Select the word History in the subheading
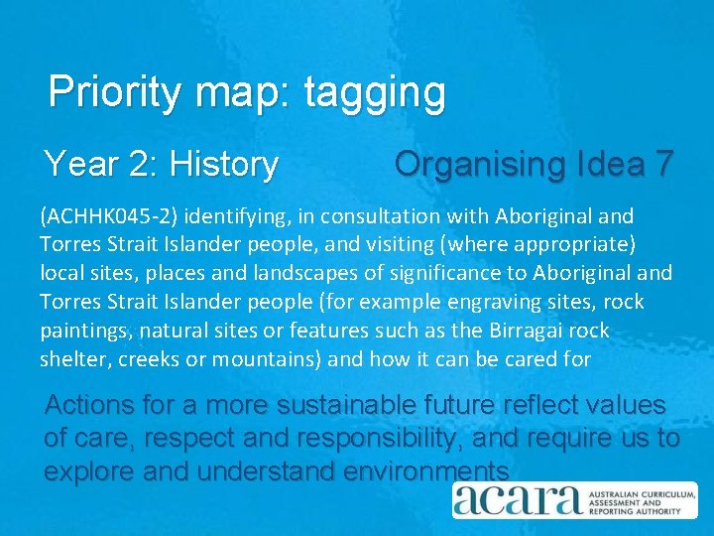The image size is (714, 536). (224, 164)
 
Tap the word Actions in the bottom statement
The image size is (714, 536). (88, 405)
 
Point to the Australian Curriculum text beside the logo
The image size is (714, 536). (635, 493)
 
